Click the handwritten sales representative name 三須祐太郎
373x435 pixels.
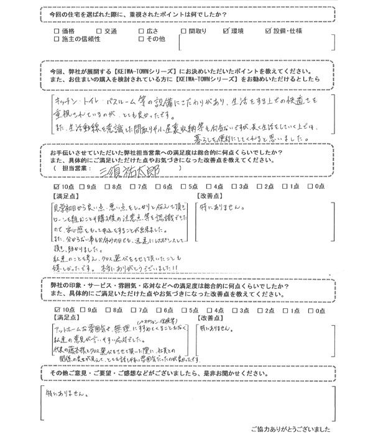tap(145, 169)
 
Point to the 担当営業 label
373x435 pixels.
tap(77, 168)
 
